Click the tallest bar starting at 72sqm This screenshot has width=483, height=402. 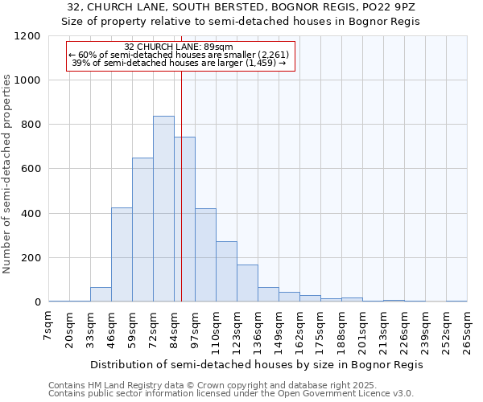pos(163,209)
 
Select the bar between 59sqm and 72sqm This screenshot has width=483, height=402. pos(142,230)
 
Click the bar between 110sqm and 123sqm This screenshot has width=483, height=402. pos(226,272)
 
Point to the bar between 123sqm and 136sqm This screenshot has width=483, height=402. pos(247,283)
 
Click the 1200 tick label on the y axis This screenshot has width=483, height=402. pos(27,36)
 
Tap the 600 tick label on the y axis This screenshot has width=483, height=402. pos(31,169)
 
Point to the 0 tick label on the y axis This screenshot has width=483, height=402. pos(37,302)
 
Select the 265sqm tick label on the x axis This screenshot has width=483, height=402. pos(466,330)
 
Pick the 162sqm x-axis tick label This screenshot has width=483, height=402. pos(299,330)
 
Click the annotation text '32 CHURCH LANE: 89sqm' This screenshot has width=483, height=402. pos(180,47)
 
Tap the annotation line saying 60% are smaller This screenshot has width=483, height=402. pos(180,55)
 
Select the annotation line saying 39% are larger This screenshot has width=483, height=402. pos(180,62)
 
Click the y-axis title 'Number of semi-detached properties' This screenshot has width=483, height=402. pos(8,170)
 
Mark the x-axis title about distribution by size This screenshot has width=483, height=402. pos(257,364)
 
